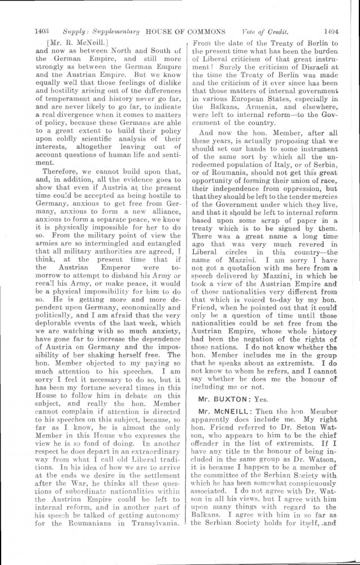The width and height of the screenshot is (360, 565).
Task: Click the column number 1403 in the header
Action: click(x=43, y=32)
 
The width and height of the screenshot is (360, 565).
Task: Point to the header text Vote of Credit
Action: click(x=263, y=32)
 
